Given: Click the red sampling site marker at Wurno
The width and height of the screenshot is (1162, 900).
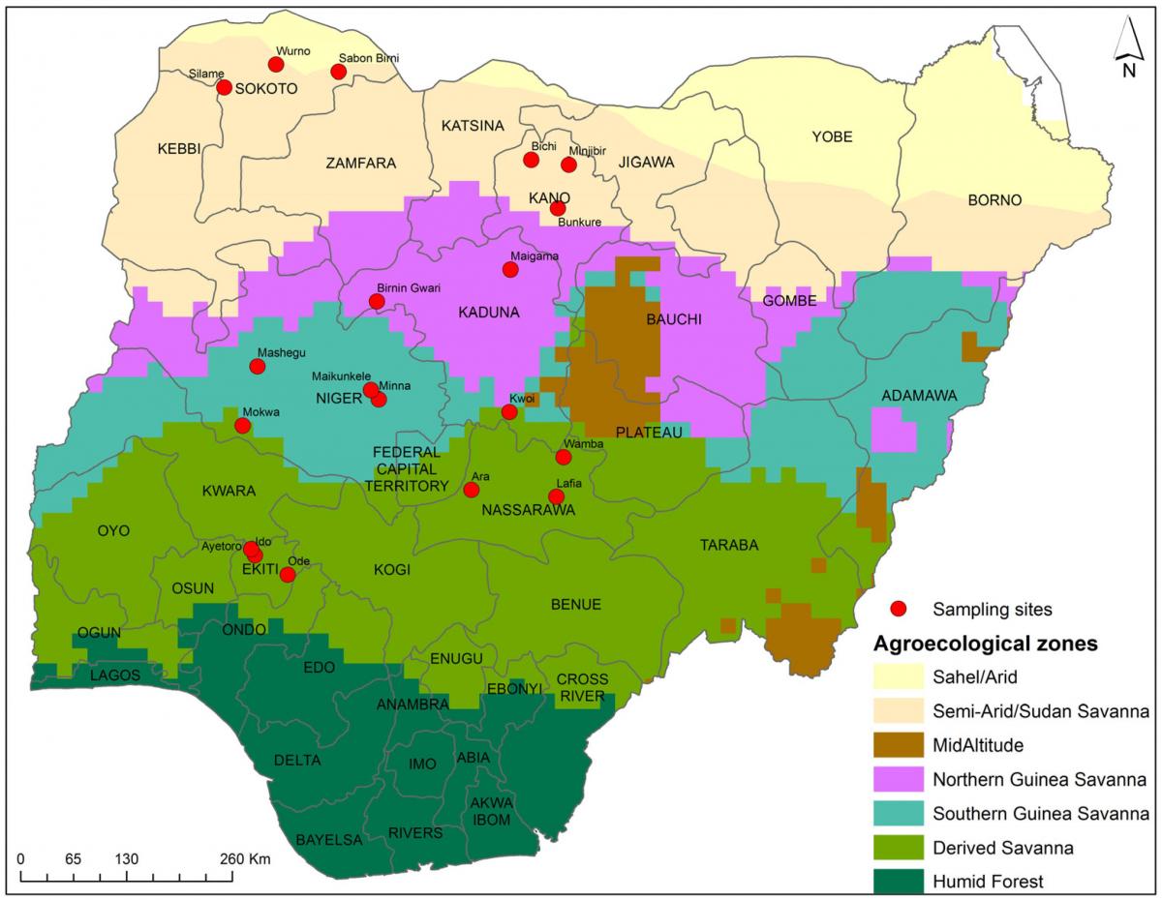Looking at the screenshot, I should point(276,65).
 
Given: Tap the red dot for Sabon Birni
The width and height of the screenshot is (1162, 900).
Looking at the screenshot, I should point(339,72).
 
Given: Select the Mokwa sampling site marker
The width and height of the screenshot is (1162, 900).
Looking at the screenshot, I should point(243,426).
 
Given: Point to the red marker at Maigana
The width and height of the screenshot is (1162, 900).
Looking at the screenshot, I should point(510,270).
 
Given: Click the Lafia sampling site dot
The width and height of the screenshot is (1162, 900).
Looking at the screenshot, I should point(556,496).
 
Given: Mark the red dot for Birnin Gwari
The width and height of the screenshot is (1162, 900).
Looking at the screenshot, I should point(377,302).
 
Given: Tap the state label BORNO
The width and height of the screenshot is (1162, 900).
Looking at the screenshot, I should point(994,200).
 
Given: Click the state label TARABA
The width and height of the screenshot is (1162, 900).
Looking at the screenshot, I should point(729,546).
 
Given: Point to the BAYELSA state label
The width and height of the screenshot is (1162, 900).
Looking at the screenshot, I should point(328,839).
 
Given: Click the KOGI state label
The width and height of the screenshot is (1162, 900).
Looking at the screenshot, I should point(392,570).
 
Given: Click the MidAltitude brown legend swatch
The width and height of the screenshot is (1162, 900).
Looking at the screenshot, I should point(899,746).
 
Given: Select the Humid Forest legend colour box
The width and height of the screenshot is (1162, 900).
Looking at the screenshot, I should point(899,881).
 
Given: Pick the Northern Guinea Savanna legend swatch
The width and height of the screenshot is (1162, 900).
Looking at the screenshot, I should point(899,780).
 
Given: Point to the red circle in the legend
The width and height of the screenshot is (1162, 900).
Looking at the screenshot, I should point(899,609).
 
